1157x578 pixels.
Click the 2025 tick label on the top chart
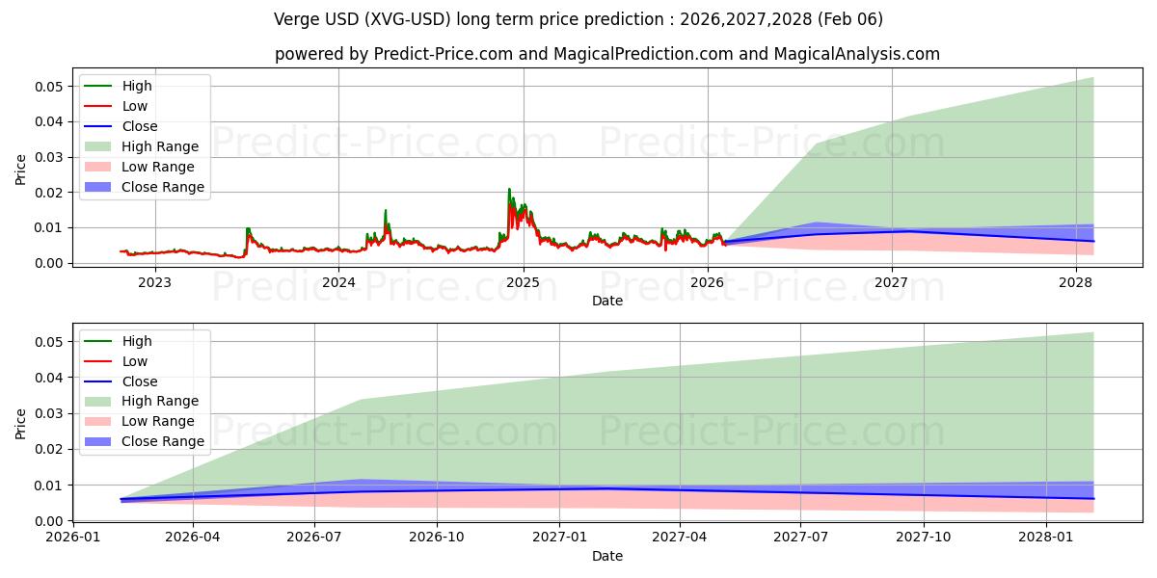point(524,282)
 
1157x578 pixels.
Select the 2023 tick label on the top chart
point(154,282)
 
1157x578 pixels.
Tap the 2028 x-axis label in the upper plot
point(1076,282)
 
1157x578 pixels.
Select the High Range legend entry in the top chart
point(160,146)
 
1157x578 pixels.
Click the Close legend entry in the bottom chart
point(140,381)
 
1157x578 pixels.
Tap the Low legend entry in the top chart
point(135,106)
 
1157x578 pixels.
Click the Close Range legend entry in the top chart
point(163,187)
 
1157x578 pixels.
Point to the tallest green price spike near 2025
point(509,190)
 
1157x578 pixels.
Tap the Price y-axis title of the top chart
point(21,170)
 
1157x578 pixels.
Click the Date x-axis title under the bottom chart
point(607,556)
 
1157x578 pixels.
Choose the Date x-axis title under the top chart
point(607,301)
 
